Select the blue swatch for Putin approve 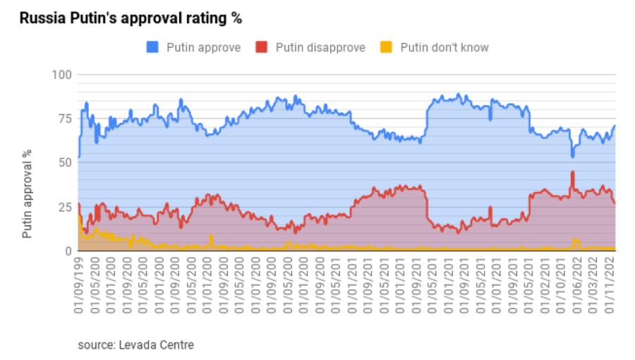click(x=152, y=48)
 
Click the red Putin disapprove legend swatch click(x=262, y=48)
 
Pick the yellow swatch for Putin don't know click(x=385, y=48)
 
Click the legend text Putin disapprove click(x=320, y=48)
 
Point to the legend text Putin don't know click(x=445, y=48)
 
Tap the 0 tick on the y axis click(x=68, y=251)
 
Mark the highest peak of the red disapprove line click(x=573, y=172)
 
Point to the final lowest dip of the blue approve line click(x=573, y=155)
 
